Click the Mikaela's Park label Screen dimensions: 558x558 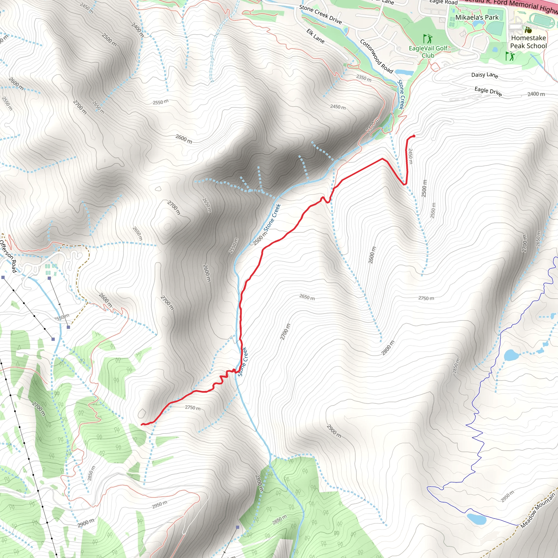click(x=477, y=17)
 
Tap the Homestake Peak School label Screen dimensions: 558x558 click(x=528, y=42)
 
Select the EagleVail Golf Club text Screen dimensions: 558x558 click(x=428, y=52)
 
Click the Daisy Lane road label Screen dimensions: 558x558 click(x=485, y=75)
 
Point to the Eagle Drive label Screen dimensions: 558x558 click(x=488, y=91)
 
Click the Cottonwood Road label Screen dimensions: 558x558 click(x=376, y=56)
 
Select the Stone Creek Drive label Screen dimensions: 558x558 click(x=320, y=14)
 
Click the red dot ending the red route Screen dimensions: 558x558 click(x=414, y=136)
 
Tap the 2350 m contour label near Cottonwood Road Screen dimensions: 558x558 click(x=364, y=78)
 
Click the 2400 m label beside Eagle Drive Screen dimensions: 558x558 click(x=536, y=94)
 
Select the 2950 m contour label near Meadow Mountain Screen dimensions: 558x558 click(x=507, y=496)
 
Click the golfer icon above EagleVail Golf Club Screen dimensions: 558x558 click(x=428, y=39)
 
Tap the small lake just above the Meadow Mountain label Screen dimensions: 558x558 click(x=477, y=519)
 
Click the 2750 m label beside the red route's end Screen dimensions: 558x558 click(x=193, y=408)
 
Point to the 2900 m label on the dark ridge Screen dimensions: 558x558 click(x=334, y=431)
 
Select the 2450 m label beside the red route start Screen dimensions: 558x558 click(x=410, y=156)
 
